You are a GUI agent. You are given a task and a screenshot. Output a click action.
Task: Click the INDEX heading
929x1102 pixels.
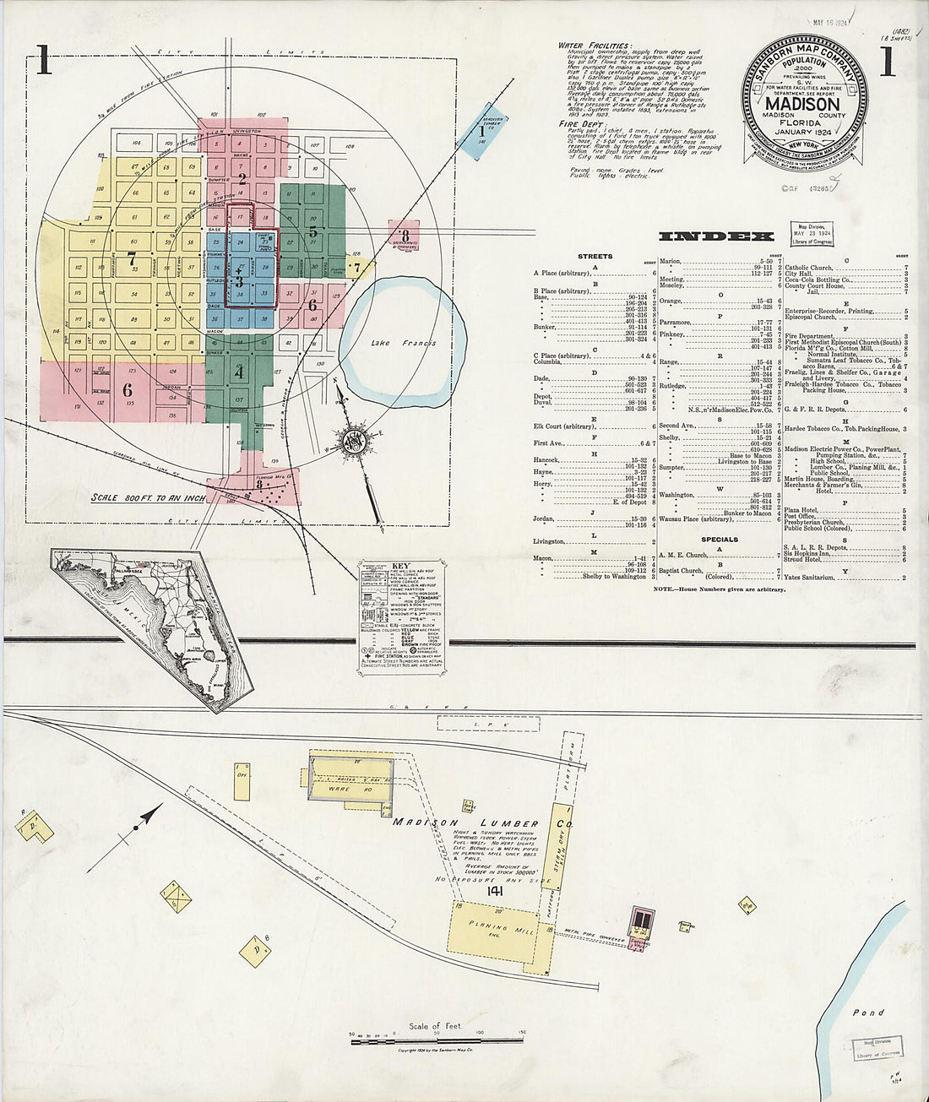tap(715, 236)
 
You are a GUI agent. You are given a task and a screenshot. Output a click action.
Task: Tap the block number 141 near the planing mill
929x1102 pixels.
tap(495, 890)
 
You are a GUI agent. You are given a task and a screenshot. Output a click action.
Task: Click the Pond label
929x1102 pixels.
tap(867, 1012)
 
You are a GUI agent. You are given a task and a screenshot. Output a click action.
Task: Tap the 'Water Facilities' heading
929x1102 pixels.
tap(594, 46)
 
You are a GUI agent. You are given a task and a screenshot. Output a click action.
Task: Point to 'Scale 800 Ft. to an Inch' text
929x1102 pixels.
tap(148, 498)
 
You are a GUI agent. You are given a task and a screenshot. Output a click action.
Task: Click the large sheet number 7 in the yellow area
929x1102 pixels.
tap(132, 260)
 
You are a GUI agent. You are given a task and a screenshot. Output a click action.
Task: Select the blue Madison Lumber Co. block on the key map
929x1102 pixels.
tap(481, 131)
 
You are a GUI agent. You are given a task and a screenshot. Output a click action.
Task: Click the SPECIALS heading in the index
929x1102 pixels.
tap(719, 539)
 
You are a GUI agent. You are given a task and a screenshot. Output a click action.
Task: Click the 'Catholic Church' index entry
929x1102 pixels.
tap(808, 268)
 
